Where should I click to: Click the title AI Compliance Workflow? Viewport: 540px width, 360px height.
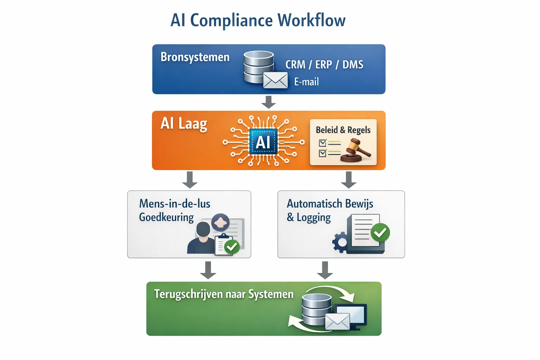pos(258,20)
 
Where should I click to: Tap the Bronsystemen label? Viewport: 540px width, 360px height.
pos(195,57)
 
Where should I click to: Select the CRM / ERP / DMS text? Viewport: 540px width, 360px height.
pos(324,65)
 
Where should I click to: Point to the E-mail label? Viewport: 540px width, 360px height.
pos(306,82)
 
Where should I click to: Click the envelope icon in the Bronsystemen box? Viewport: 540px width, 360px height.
pos(275,81)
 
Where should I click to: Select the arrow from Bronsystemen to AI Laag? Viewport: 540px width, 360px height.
pos(269,102)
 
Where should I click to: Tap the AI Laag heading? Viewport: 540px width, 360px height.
pos(184,124)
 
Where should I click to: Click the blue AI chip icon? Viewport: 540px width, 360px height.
pos(263,142)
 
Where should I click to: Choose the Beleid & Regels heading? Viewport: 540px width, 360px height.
pos(343,130)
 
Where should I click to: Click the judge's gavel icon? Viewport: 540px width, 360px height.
pos(356,150)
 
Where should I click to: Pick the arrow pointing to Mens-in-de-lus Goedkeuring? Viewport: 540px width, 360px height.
pos(190,180)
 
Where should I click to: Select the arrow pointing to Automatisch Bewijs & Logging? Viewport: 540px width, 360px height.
pos(349,180)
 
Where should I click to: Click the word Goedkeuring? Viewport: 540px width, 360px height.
pos(166,217)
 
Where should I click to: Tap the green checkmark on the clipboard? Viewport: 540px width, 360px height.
pos(232,247)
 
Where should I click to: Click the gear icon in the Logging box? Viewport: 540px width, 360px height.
pos(340,242)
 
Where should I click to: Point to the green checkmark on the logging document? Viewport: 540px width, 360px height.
pos(380,232)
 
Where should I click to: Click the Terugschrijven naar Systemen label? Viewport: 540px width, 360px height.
pos(224,294)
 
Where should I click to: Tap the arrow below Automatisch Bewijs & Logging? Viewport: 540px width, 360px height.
pos(325,270)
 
